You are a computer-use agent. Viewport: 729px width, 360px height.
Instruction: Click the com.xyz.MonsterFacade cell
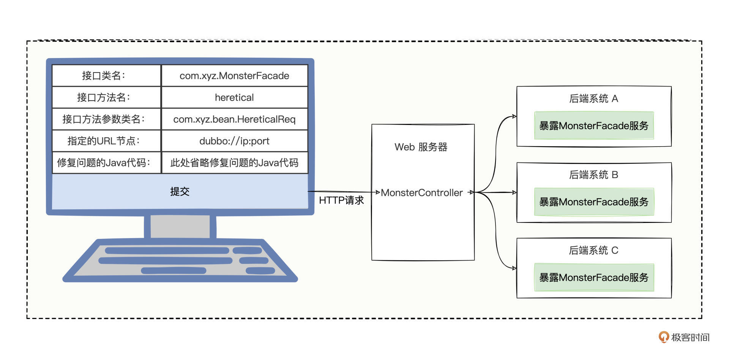234,76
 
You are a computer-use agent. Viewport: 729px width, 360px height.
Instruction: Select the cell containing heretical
234,98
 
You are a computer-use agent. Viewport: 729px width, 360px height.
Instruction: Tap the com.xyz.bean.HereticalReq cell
234,119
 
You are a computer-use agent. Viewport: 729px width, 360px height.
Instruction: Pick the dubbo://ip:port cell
234,141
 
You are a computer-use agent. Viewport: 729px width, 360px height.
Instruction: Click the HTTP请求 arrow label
341,200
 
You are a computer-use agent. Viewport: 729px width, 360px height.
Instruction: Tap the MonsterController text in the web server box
421,193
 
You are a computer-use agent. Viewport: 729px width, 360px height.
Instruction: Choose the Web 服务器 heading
421,147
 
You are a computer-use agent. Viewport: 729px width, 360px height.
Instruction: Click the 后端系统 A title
593,99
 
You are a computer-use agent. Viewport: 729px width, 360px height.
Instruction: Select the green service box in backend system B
594,202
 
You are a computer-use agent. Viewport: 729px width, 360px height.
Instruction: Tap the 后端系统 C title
593,250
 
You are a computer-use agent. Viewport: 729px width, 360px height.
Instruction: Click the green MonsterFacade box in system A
594,126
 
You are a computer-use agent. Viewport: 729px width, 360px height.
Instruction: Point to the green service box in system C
594,278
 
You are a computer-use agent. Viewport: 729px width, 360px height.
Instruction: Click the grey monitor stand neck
180,226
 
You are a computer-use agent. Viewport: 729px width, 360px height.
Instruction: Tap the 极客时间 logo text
690,337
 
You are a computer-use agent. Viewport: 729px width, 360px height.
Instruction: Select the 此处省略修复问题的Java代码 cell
234,163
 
